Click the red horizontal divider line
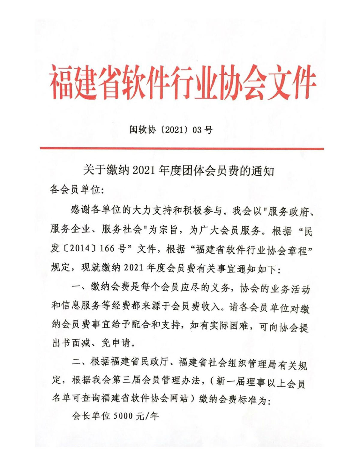point(181,148)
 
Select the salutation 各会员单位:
point(77,190)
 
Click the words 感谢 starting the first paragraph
point(79,210)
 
